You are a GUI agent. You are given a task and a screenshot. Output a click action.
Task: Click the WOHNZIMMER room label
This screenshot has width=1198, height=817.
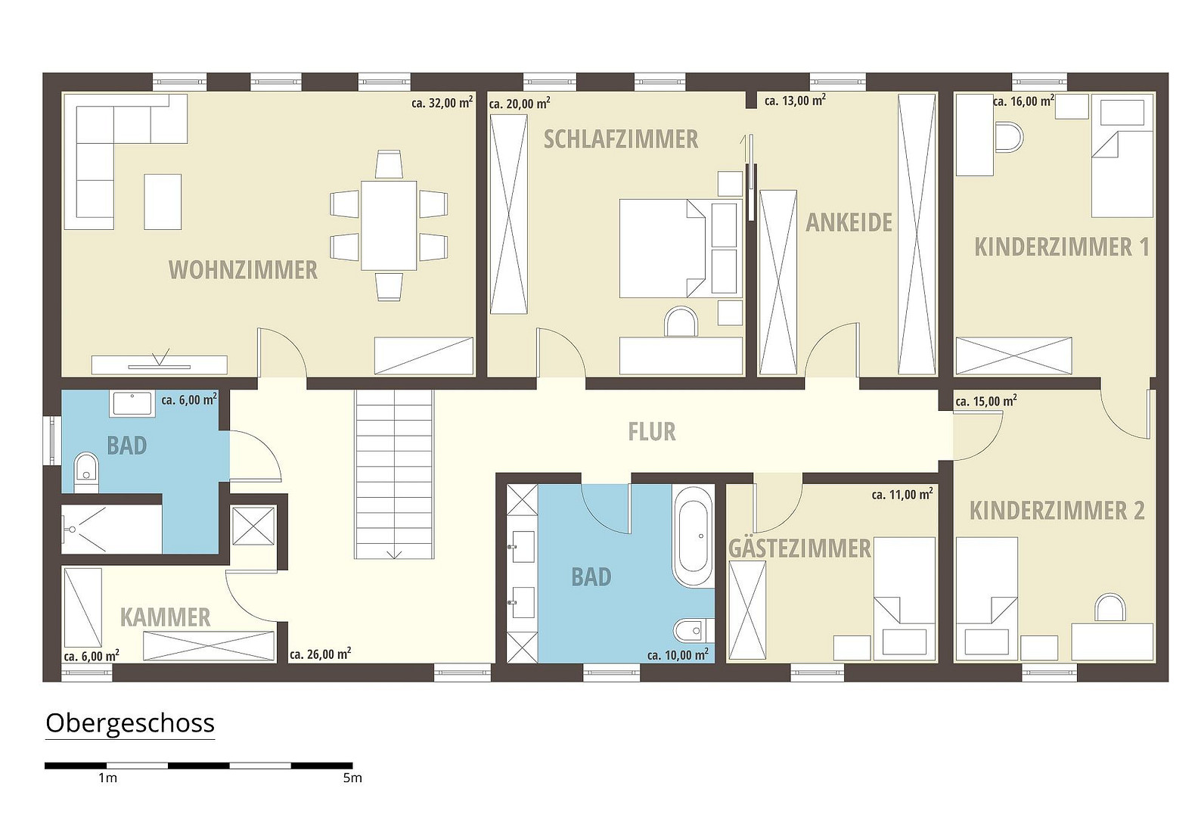pos(243,270)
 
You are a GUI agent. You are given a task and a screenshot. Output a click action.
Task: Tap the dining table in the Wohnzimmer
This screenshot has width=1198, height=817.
pos(389,225)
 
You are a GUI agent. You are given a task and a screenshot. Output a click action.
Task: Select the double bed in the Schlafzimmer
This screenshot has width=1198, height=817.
pos(663,248)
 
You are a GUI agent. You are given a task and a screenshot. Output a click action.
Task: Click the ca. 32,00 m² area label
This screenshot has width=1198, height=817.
pos(442,102)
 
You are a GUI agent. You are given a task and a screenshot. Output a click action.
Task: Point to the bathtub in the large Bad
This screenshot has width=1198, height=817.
pos(693,536)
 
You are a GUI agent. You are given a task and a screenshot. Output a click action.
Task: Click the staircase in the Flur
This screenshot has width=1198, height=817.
pos(393,474)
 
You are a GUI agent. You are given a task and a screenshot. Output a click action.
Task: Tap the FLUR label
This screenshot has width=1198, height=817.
pos(651,432)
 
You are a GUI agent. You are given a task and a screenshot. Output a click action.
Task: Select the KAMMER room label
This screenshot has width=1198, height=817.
pos(166,617)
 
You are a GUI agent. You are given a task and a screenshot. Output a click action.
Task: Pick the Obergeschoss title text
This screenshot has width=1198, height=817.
pos(130,723)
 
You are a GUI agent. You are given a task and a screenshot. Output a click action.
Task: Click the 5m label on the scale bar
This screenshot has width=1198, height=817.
pos(352,778)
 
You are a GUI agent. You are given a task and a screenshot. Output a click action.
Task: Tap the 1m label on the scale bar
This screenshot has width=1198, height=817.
pos(107,778)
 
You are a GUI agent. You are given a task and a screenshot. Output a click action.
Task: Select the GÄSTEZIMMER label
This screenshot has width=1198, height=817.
pos(799,548)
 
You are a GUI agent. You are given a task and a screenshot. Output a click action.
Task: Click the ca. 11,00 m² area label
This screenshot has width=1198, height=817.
pos(902,494)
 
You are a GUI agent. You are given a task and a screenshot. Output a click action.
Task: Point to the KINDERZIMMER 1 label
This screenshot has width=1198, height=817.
pos(1062,247)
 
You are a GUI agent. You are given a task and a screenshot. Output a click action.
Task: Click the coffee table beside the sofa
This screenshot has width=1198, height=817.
pos(163,202)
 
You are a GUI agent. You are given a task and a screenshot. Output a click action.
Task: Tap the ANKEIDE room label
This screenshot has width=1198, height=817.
pos(849,222)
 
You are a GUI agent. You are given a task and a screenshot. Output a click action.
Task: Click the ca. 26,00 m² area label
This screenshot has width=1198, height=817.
pos(321,654)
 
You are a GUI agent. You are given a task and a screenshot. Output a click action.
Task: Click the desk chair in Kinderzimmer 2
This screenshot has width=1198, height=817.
pos(1110,608)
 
